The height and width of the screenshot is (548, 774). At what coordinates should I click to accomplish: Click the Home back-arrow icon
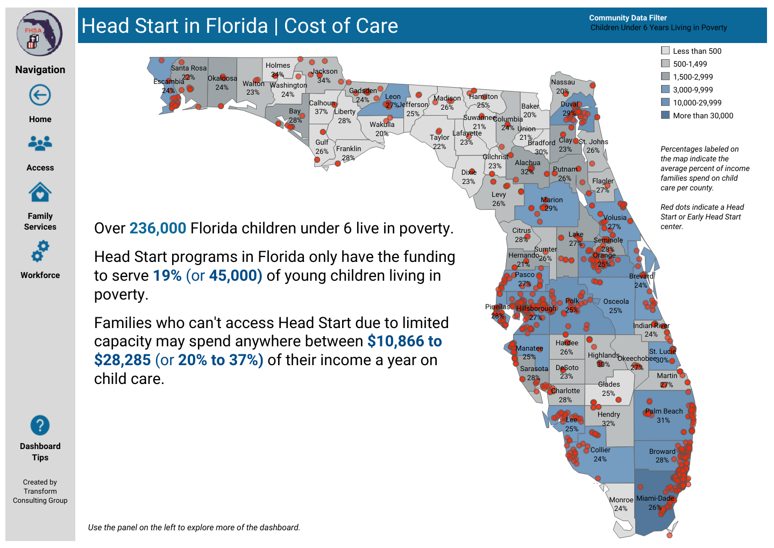pyautogui.click(x=40, y=95)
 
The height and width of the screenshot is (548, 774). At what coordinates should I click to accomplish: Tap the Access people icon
pyautogui.click(x=40, y=143)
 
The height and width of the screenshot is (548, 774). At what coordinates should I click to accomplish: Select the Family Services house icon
pyautogui.click(x=40, y=192)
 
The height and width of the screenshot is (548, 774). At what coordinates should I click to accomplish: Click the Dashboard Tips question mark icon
pyautogui.click(x=40, y=425)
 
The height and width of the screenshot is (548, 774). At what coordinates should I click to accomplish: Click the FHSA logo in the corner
pyautogui.click(x=39, y=33)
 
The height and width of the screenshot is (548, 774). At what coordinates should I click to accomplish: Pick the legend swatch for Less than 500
pyautogui.click(x=665, y=51)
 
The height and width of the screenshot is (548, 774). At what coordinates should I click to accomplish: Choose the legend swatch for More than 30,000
pyautogui.click(x=665, y=115)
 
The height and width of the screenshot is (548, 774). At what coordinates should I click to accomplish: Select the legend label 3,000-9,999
pyautogui.click(x=693, y=90)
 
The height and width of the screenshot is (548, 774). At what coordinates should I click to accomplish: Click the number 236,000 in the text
pyautogui.click(x=158, y=229)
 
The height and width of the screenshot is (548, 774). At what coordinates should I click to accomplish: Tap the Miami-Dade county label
pyautogui.click(x=655, y=499)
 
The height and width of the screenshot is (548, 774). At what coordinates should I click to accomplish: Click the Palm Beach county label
pyautogui.click(x=664, y=411)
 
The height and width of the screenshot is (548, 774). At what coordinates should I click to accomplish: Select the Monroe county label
pyautogui.click(x=621, y=500)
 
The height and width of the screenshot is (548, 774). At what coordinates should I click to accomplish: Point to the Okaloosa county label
pyautogui.click(x=222, y=79)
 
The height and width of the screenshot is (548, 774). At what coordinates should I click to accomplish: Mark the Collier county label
pyautogui.click(x=600, y=450)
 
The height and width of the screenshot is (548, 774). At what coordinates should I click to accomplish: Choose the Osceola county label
pyautogui.click(x=616, y=302)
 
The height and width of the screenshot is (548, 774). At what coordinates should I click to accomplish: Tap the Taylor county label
pyautogui.click(x=439, y=138)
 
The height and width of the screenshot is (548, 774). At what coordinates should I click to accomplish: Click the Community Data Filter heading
pyautogui.click(x=628, y=18)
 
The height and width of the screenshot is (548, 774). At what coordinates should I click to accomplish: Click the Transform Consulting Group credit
pyautogui.click(x=40, y=492)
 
